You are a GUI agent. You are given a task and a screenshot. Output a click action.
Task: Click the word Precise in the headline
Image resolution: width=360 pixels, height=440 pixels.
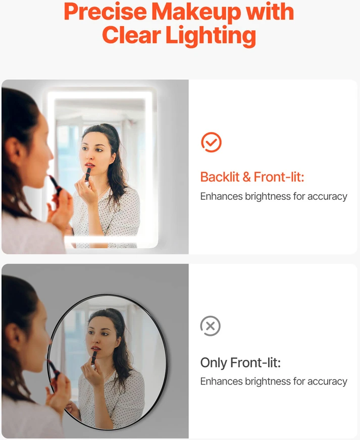pyautogui.click(x=106, y=12)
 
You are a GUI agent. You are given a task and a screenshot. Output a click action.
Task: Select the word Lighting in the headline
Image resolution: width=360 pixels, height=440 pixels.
pyautogui.click(x=211, y=36)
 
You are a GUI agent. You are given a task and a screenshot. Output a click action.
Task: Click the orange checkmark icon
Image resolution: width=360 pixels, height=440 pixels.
pyautogui.click(x=211, y=142)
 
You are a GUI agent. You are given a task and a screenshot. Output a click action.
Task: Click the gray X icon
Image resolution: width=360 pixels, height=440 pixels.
pyautogui.click(x=211, y=326)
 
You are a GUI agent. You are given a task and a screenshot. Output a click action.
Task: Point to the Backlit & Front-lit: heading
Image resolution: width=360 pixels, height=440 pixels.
pyautogui.click(x=252, y=177)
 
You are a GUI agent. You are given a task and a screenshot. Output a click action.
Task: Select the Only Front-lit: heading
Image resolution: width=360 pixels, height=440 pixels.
pyautogui.click(x=240, y=362)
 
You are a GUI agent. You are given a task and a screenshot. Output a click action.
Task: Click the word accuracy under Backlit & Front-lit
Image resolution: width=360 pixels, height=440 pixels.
pyautogui.click(x=327, y=196)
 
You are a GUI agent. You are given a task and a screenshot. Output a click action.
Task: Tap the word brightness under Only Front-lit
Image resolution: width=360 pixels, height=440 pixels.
pyautogui.click(x=268, y=381)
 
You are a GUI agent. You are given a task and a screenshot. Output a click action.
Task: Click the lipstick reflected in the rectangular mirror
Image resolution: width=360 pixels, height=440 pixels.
pyautogui.click(x=88, y=174)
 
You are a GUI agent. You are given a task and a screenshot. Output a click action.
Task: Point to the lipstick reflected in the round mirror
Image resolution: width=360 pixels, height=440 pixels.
pyautogui.click(x=94, y=358)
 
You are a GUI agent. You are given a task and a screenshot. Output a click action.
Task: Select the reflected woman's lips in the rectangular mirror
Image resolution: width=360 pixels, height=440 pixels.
pyautogui.click(x=90, y=165)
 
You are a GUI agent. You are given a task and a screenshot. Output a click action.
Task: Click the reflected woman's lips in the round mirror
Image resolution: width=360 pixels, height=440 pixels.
pyautogui.click(x=95, y=349)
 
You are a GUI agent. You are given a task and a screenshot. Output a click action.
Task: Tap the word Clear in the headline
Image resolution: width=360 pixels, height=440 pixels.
pyautogui.click(x=131, y=35)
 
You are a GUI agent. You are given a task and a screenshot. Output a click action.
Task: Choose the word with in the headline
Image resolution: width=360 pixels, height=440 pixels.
pyautogui.click(x=270, y=12)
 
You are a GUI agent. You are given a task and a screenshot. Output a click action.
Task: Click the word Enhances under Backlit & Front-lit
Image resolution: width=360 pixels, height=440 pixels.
pyautogui.click(x=221, y=196)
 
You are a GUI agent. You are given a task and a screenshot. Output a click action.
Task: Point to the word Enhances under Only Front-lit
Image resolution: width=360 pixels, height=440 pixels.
pyautogui.click(x=221, y=381)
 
